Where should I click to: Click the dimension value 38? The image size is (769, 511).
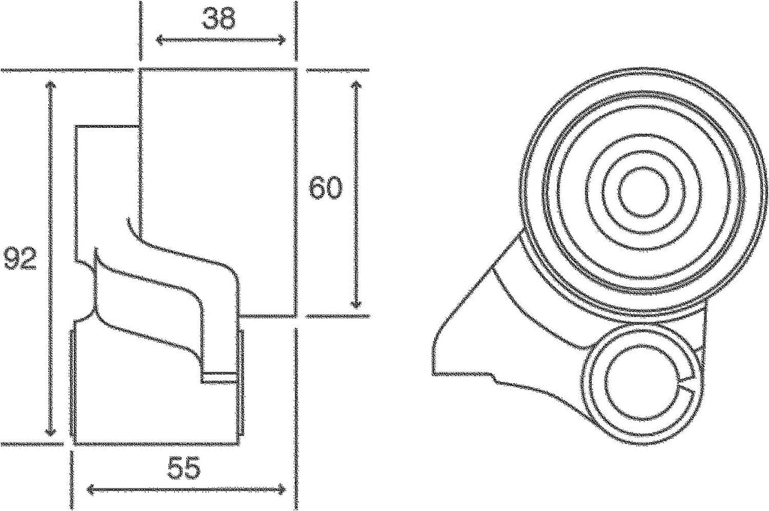[219, 19]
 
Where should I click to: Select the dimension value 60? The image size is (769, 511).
[326, 188]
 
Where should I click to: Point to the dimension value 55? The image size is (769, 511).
[183, 469]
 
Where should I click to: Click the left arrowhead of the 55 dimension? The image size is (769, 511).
[90, 490]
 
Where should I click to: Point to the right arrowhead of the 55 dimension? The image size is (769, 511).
[284, 490]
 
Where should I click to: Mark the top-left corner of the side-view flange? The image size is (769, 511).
[76, 128]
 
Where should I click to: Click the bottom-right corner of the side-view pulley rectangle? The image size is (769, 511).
[294, 316]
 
